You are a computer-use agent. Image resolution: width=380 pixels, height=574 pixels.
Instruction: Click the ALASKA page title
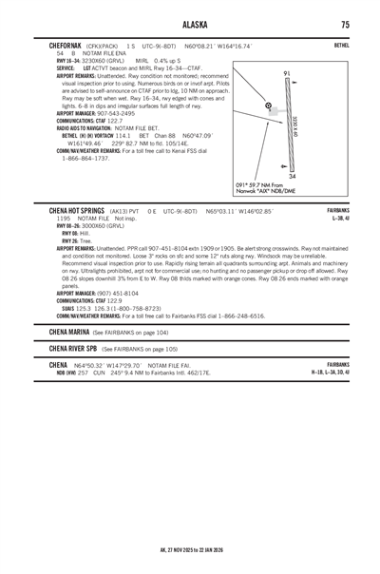tap(189, 23)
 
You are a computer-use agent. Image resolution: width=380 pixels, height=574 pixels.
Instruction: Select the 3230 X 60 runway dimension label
tap(299, 121)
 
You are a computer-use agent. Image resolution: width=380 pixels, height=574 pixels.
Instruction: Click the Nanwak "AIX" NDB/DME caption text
tap(272, 190)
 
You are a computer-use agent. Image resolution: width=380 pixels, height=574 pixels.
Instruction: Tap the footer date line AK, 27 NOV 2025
tap(189, 547)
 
